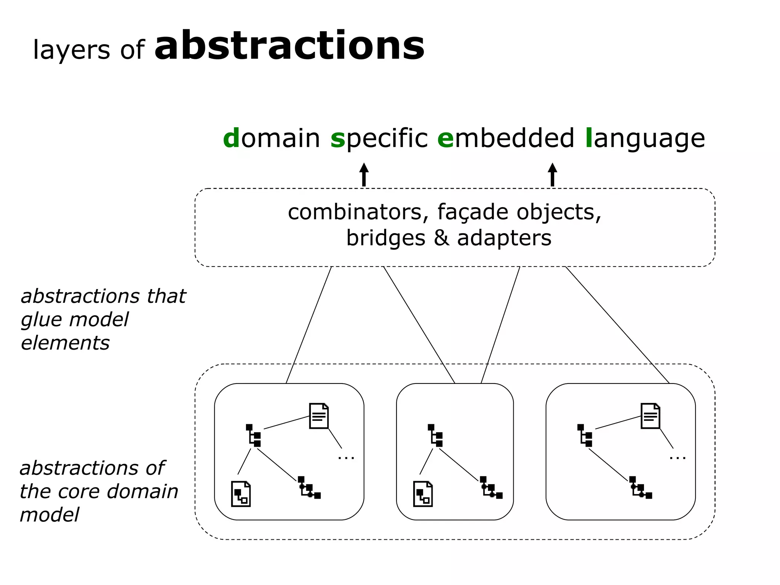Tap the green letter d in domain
[x=231, y=138]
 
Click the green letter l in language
[x=589, y=138]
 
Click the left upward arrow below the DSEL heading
[x=364, y=175]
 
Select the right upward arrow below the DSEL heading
[x=552, y=175]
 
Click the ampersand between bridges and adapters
[x=441, y=238]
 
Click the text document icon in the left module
[x=319, y=416]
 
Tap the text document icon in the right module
[x=650, y=416]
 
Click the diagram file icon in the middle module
[x=423, y=494]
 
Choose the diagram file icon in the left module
[x=241, y=494]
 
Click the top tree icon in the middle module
[x=435, y=435]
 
